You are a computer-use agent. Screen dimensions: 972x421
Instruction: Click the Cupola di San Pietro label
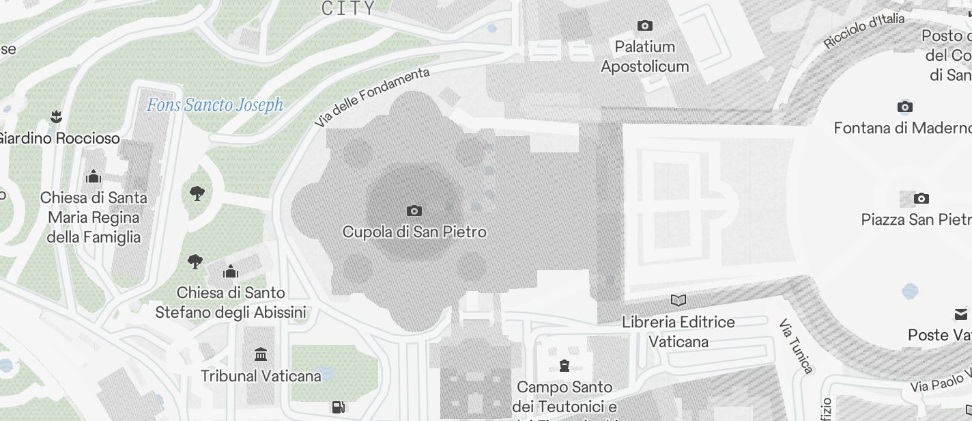click(x=414, y=232)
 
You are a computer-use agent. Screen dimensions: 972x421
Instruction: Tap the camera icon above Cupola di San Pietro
click(x=414, y=210)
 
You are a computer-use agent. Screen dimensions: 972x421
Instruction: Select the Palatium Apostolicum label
click(x=644, y=57)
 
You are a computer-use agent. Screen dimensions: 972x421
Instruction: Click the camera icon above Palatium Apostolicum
click(x=644, y=26)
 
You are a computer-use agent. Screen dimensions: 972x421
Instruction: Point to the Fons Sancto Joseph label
click(x=215, y=105)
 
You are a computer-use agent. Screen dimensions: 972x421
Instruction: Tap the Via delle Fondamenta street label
click(x=373, y=96)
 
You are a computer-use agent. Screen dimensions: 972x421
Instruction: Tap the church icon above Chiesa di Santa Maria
click(x=94, y=178)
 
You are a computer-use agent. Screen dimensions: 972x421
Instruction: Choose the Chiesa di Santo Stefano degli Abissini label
click(x=231, y=303)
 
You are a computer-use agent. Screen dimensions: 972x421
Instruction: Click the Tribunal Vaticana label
click(x=261, y=376)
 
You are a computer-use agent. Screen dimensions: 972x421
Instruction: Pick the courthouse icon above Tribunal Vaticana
click(x=260, y=354)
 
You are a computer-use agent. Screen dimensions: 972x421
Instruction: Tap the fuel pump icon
click(x=338, y=407)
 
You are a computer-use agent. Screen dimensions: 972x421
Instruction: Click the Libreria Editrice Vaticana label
click(x=678, y=331)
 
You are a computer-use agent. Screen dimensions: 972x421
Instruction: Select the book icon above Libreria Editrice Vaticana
click(x=678, y=300)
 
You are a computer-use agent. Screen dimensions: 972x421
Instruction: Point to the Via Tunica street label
click(x=796, y=346)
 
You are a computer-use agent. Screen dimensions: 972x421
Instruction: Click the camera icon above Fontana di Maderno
click(x=904, y=107)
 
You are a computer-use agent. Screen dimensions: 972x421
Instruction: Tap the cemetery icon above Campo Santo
click(x=564, y=366)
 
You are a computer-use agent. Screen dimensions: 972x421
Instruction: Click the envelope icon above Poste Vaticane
click(x=961, y=314)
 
